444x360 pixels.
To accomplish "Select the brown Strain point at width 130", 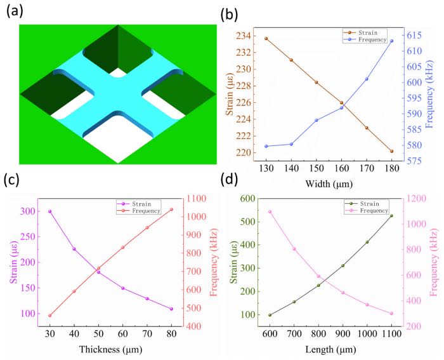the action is coord(266,39).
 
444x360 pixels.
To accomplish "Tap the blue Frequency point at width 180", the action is coord(391,41).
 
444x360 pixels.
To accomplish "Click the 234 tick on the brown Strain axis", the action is coord(242,36).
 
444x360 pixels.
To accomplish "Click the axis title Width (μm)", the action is coord(329,184).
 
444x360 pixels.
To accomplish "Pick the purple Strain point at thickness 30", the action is coord(50,211).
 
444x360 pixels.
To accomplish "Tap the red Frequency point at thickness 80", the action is coord(171,210).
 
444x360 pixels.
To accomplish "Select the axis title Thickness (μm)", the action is coord(110,349).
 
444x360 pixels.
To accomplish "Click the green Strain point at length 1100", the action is coord(391,216).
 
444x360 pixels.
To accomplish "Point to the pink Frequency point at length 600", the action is coord(270,211).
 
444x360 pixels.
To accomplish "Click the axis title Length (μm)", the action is coord(330,349).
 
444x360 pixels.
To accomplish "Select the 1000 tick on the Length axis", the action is coord(367,334).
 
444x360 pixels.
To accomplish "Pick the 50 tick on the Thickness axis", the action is coord(98,334).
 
